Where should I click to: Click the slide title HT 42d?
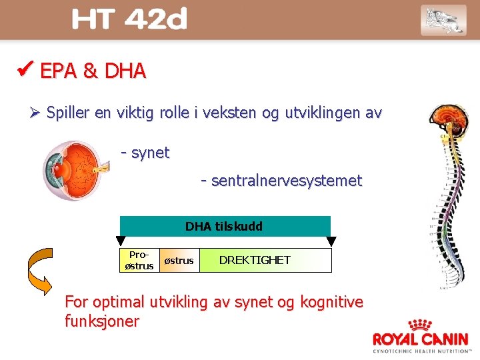(129, 20)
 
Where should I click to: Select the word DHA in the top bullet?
(125, 71)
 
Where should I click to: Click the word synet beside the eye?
(150, 153)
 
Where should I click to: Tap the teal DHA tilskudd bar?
(225, 226)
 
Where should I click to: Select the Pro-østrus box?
(139, 261)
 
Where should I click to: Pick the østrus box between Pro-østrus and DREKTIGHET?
(179, 261)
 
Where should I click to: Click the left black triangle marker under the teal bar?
(121, 241)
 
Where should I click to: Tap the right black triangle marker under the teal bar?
(331, 241)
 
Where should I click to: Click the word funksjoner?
(102, 321)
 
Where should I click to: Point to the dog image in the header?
(443, 19)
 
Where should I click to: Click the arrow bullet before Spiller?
(36, 113)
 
